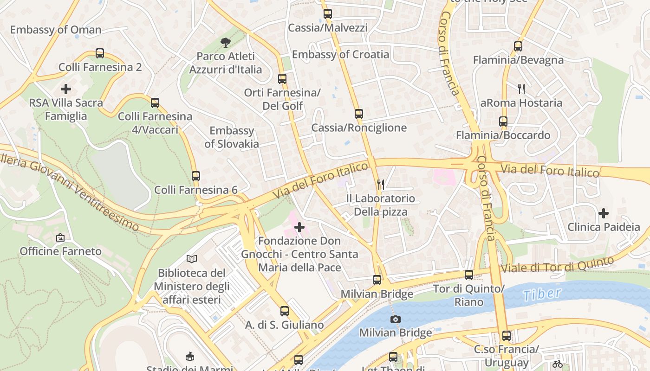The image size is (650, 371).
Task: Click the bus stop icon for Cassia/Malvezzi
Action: pos(328,14)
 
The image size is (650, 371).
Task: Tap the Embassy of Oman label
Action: pos(56,30)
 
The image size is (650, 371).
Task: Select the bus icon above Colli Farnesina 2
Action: pos(100,53)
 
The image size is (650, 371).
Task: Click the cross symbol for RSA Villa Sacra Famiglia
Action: pos(66,89)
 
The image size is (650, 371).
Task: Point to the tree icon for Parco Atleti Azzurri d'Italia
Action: pos(226,43)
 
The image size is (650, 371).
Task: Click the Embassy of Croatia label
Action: pos(340,54)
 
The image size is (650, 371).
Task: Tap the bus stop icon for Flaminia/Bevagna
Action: pos(518,46)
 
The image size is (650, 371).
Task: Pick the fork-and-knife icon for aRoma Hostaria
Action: pos(521,89)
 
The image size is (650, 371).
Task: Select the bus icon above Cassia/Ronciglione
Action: pos(358,114)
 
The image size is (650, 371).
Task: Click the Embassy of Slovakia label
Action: pos(232,137)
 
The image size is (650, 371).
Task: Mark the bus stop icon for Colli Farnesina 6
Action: pos(196,176)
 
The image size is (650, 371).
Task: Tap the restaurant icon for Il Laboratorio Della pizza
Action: pos(381,185)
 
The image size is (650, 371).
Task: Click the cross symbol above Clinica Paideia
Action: pos(604,213)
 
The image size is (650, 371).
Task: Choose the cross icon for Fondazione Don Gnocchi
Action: pos(300,227)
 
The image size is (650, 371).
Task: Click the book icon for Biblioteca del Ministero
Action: pos(192,259)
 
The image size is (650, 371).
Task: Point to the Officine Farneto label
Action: pos(60,251)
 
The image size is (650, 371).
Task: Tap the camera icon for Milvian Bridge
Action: pos(396,319)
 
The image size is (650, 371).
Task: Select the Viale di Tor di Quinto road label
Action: pos(557,265)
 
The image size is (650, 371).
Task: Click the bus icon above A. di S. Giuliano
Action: pos(285,311)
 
